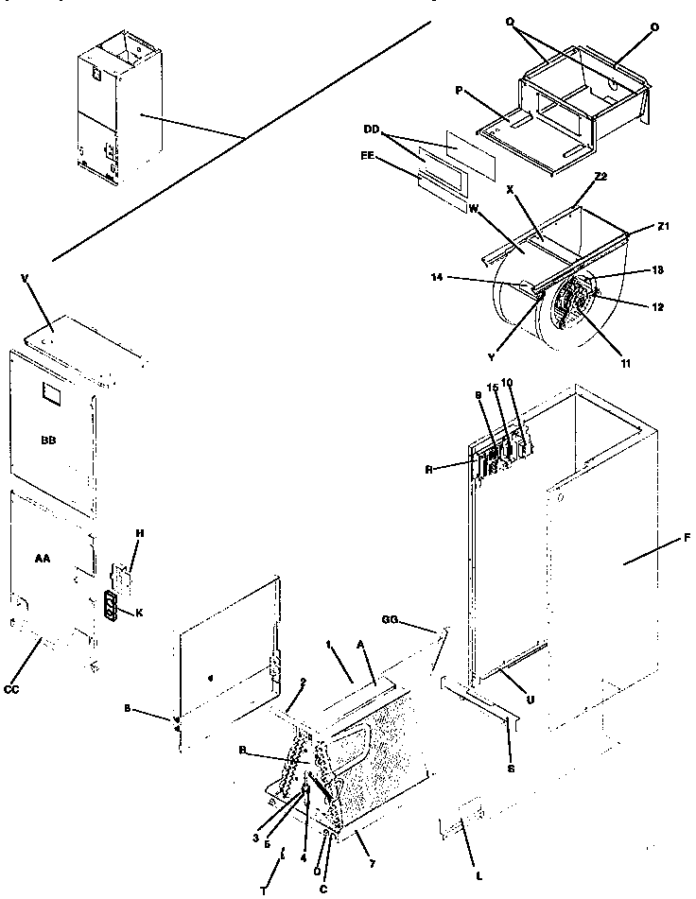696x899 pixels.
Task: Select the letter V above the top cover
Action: coord(25,278)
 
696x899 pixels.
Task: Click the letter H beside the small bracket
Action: coord(139,534)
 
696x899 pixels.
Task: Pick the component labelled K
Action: coord(113,607)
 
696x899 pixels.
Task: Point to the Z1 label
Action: coord(663,227)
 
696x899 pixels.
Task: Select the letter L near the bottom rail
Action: coord(480,876)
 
